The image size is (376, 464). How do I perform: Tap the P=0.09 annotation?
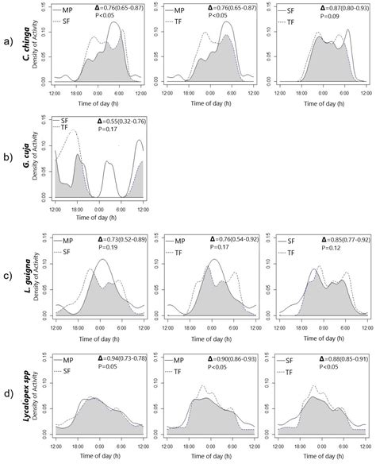tap(315, 15)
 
